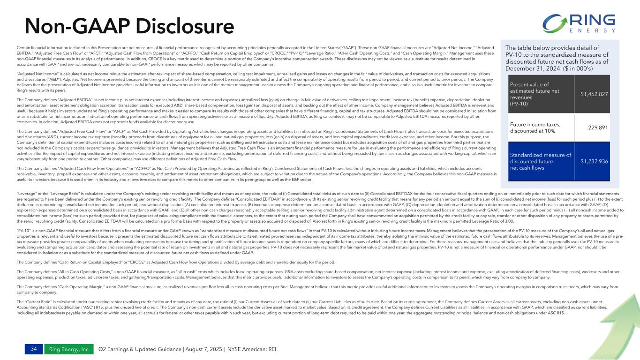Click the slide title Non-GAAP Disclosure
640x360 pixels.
[123, 26]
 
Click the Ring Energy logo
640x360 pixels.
[579, 23]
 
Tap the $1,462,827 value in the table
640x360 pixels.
[594, 94]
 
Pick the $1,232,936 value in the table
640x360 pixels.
[594, 161]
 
